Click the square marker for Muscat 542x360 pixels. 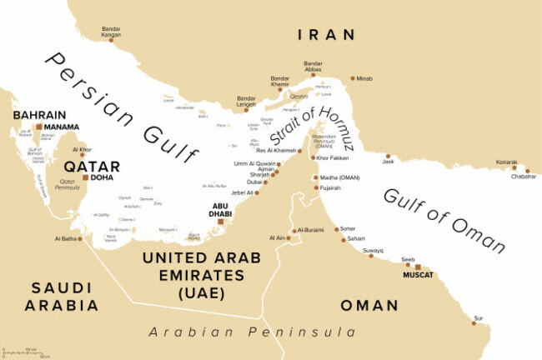tap(418, 267)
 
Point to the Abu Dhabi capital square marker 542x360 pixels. tap(221, 221)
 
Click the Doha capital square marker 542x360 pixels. tap(84, 177)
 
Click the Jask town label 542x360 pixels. tap(388, 162)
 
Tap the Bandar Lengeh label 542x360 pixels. tap(247, 101)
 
